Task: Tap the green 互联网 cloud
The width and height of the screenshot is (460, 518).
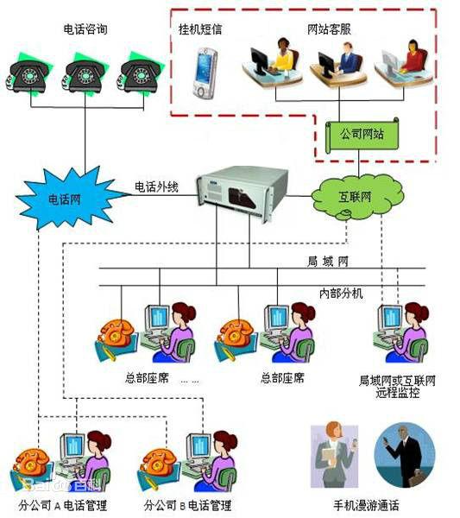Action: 357,197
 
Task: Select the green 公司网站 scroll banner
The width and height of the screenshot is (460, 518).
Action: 362,135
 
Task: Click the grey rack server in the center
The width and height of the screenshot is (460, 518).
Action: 243,193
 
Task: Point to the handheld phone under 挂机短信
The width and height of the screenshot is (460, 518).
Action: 205,73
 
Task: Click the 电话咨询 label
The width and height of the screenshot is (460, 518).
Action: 85,29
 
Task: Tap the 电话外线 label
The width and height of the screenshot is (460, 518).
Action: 156,187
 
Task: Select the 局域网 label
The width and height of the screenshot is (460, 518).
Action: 328,262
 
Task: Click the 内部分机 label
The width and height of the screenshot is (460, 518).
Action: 341,293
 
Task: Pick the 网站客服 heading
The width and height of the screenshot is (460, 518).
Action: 329,29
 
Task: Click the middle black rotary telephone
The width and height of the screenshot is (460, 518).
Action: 84,74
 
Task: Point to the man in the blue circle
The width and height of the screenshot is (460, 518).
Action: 405,456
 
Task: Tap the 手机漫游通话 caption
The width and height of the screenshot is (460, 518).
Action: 366,505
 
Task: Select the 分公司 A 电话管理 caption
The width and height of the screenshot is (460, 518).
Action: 63,505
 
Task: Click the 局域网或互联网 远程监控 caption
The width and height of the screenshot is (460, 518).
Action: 397,386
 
